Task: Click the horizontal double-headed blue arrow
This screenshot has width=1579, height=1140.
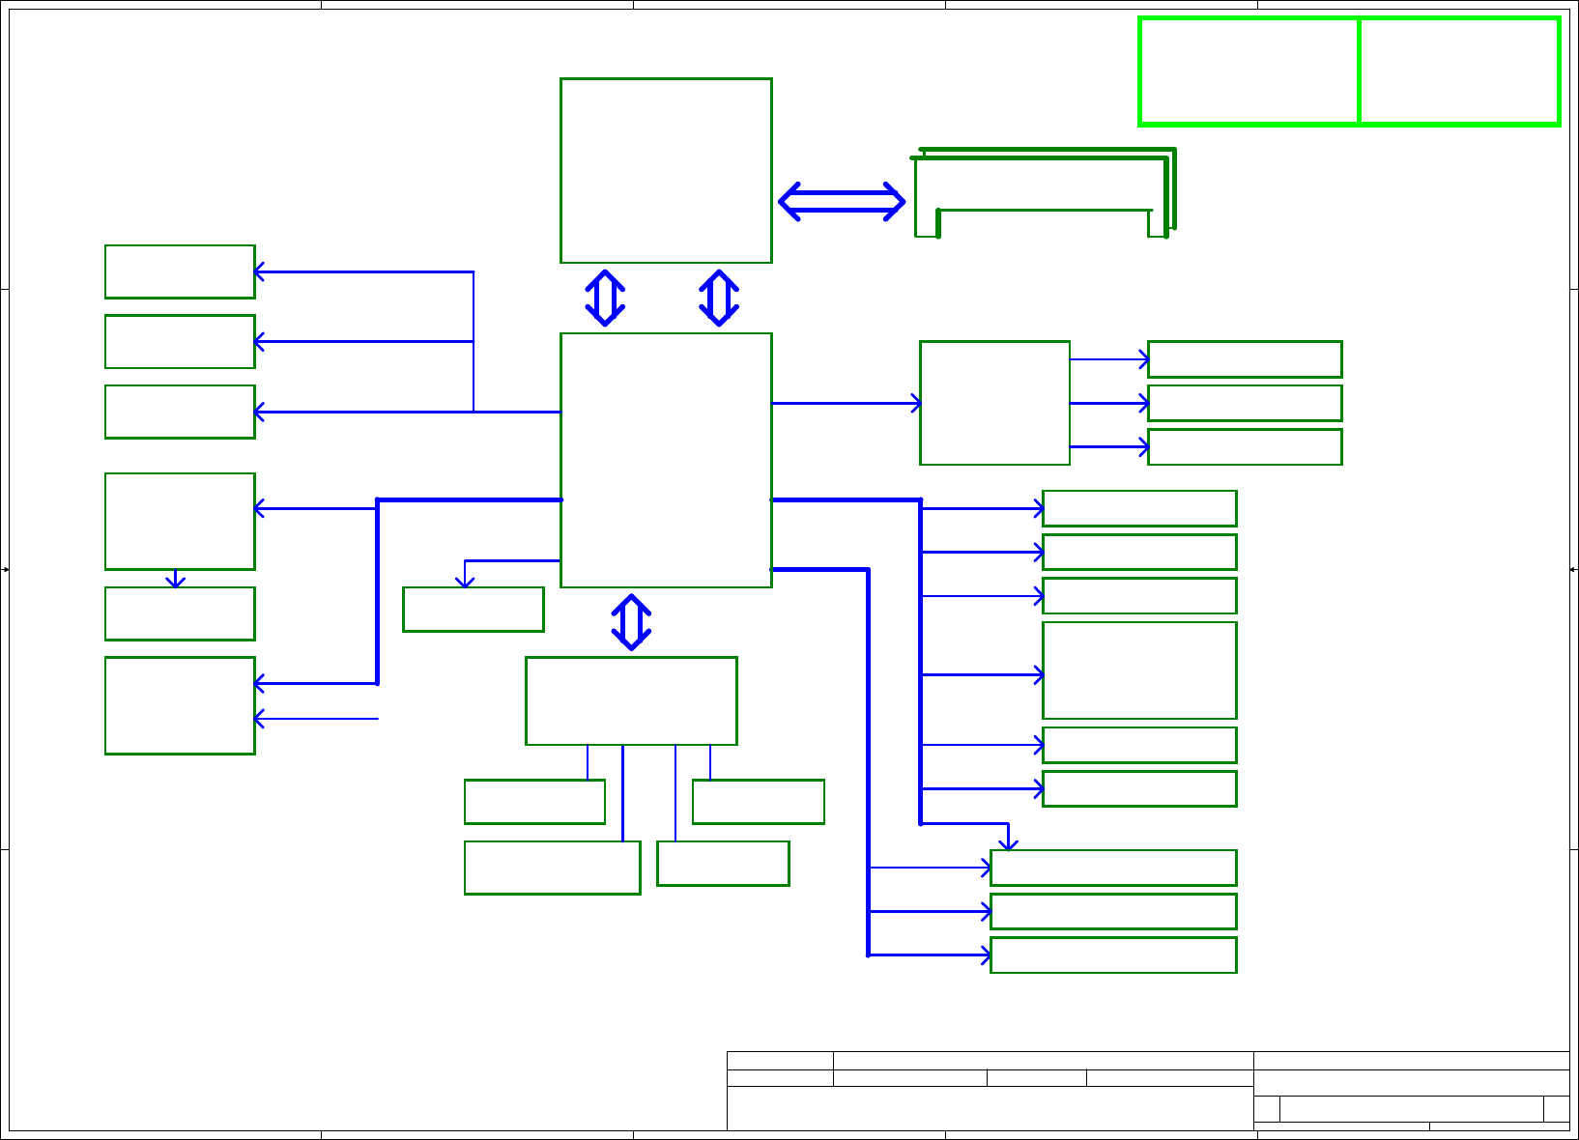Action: (841, 201)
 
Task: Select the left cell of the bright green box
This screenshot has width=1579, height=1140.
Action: (1249, 71)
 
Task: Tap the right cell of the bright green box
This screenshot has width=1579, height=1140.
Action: (1459, 71)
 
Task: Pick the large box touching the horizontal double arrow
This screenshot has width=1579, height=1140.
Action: (666, 170)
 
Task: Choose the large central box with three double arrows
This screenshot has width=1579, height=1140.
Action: (666, 460)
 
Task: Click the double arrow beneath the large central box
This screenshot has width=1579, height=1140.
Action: (631, 622)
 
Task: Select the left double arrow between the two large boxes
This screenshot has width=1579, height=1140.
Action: (605, 298)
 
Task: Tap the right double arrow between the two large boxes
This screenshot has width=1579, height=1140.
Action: (719, 298)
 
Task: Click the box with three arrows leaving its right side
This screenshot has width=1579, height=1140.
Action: (994, 403)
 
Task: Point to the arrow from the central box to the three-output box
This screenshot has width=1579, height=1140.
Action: (846, 403)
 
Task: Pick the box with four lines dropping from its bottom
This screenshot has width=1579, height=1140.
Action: (631, 700)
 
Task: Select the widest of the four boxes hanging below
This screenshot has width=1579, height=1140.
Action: (552, 868)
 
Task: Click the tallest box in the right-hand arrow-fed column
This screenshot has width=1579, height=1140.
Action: (1139, 670)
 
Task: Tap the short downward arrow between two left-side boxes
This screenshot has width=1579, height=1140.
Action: (176, 579)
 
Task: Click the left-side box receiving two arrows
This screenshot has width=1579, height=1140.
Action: (180, 705)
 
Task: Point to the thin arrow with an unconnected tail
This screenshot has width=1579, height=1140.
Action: (316, 719)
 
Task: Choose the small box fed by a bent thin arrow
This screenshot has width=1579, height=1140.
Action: (473, 610)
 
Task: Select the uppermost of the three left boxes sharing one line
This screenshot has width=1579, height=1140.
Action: (180, 271)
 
